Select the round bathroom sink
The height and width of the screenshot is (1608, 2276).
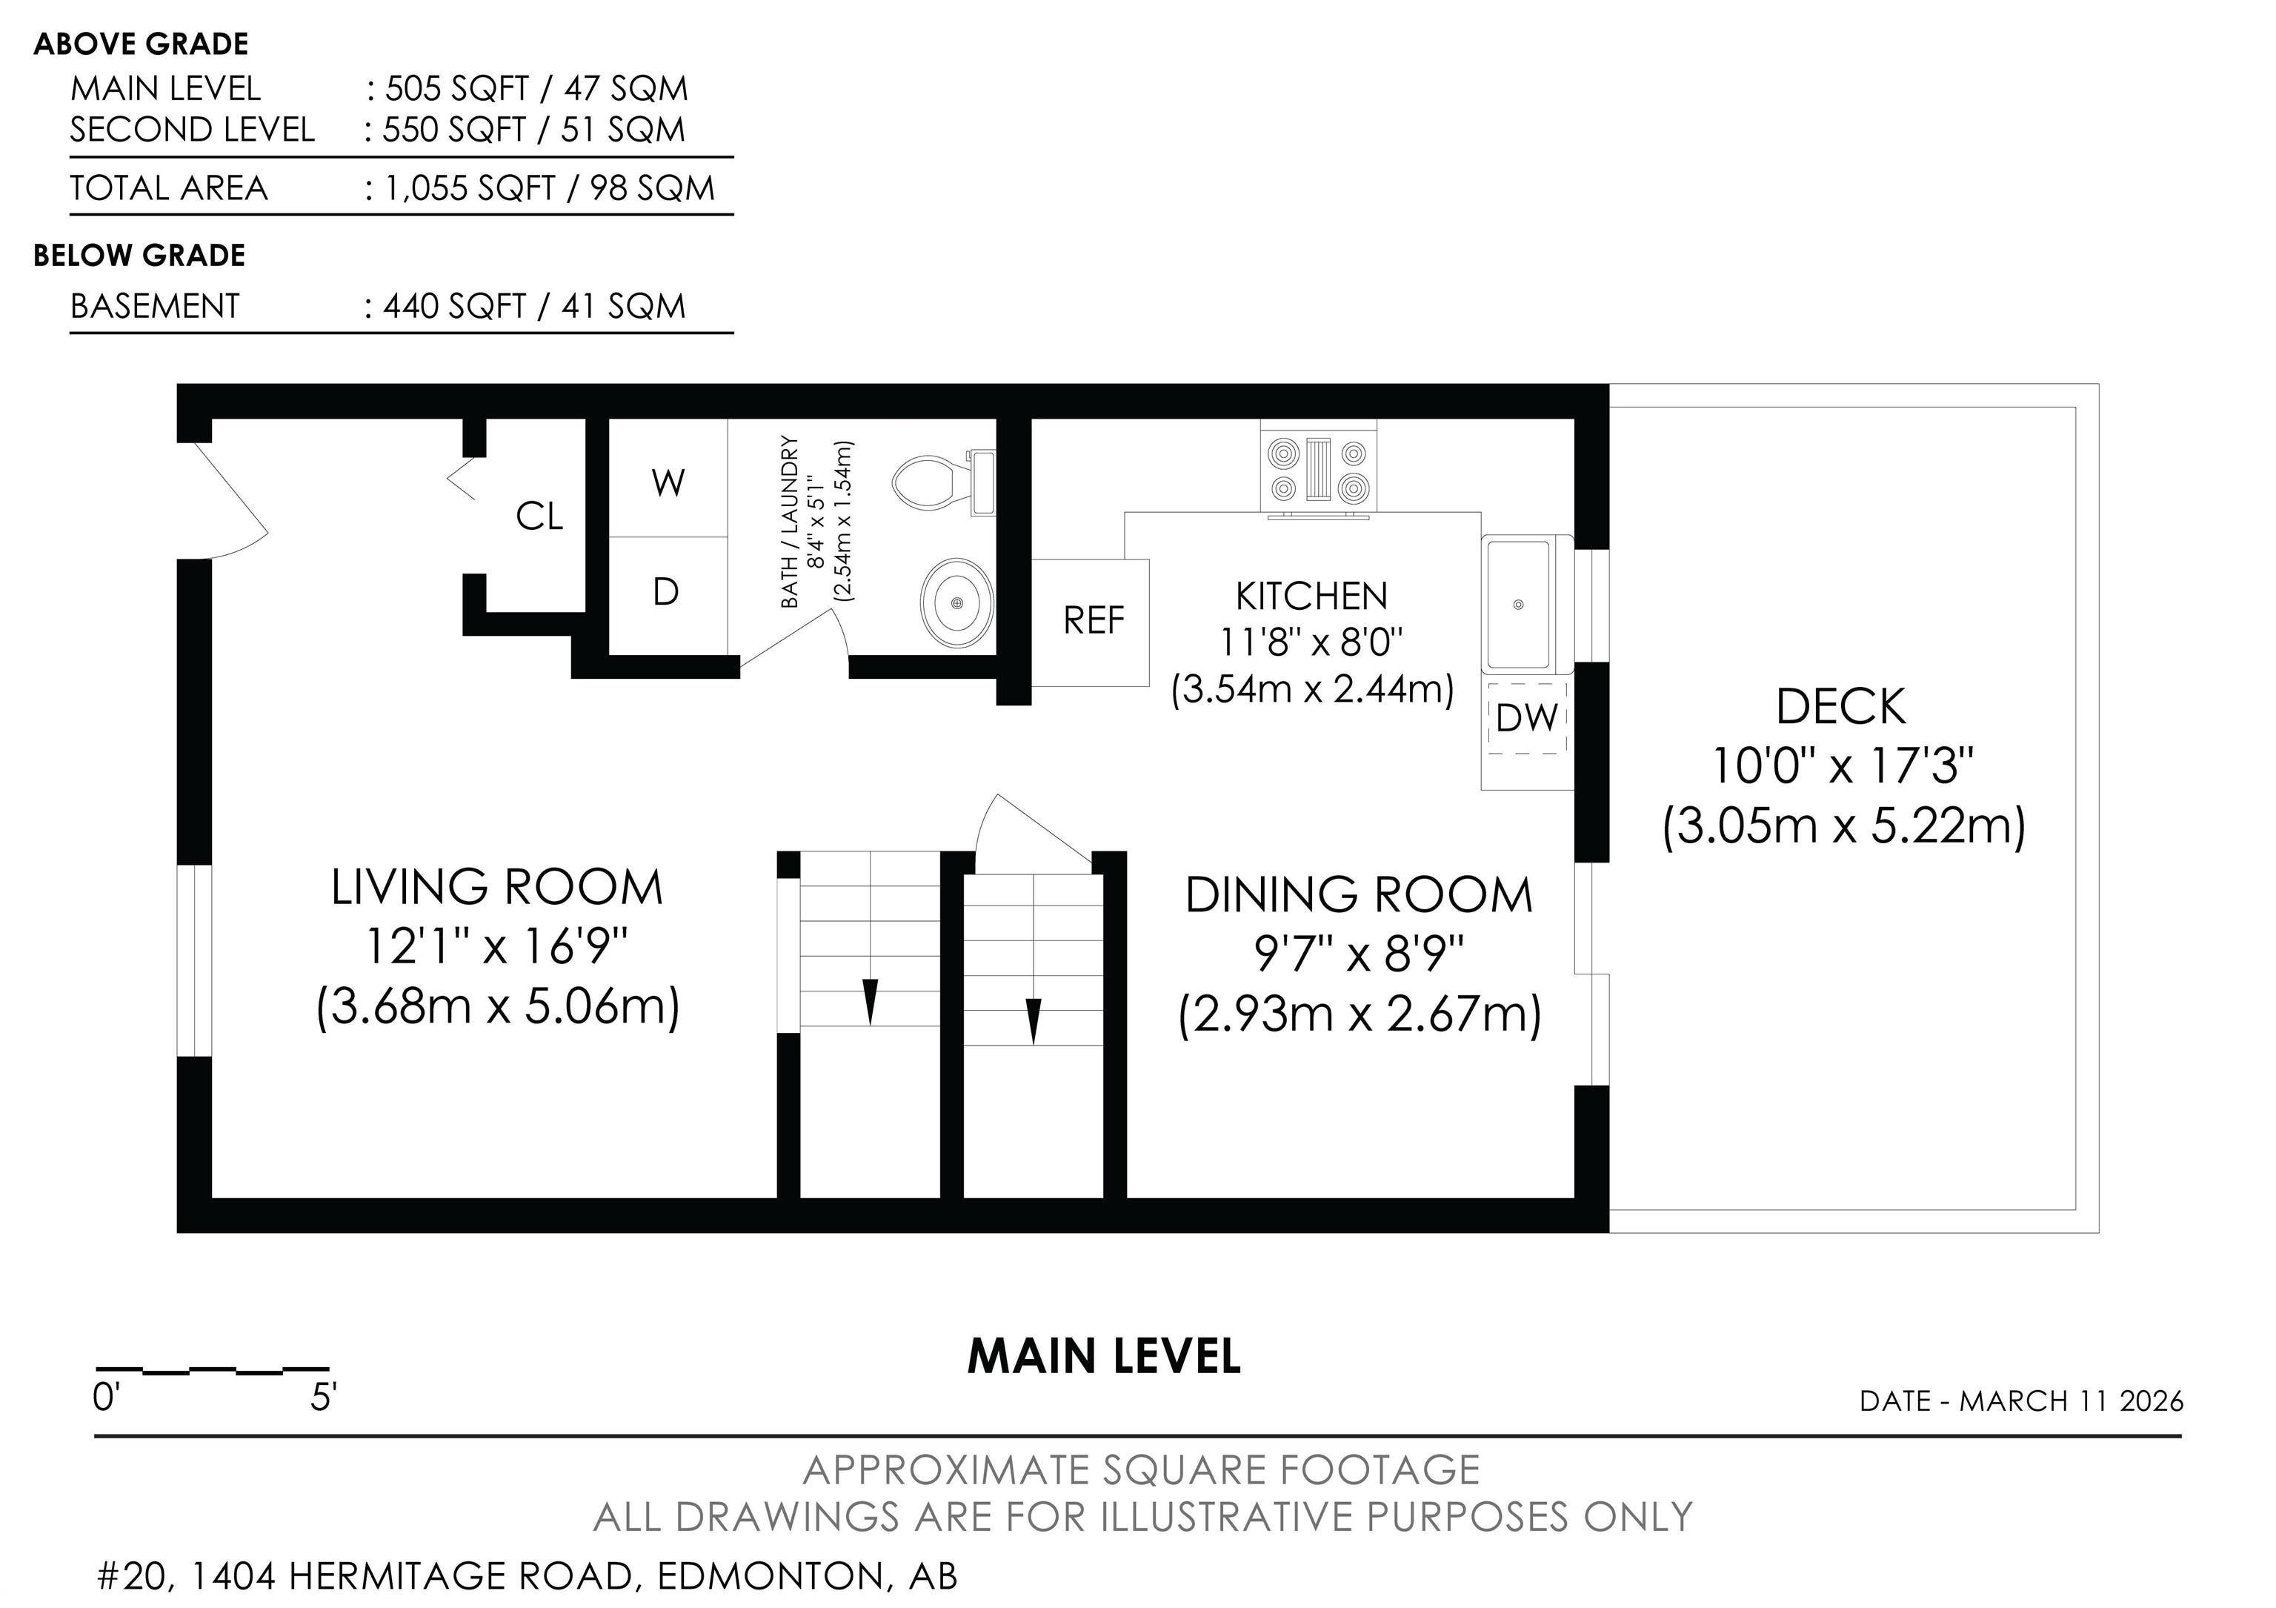pos(956,602)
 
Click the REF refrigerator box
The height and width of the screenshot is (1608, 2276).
pos(1091,622)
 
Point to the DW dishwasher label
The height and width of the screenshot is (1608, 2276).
pos(1526,718)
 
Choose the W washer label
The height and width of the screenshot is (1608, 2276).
pos(668,484)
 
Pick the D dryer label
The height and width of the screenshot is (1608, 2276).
pos(666,592)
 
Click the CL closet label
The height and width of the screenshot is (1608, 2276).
pos(539,516)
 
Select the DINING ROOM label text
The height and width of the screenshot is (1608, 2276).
pos(1359,895)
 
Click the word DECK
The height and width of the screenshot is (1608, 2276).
pos(1841,707)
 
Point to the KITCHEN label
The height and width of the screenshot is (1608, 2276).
pos(1311,596)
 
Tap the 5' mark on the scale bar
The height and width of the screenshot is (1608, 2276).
pos(323,1398)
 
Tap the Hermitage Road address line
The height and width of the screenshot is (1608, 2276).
pos(528,1576)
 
